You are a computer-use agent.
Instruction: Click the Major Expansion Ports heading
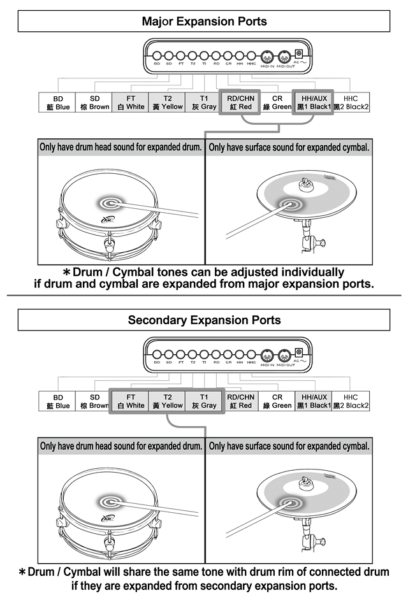tap(204, 22)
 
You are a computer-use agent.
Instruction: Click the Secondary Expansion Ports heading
tap(204, 319)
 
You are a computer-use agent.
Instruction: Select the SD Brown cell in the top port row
tap(94, 103)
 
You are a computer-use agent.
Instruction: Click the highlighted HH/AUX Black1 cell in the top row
tap(314, 103)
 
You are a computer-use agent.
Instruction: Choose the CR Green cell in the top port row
tap(277, 103)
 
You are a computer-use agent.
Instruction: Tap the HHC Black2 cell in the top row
tap(351, 103)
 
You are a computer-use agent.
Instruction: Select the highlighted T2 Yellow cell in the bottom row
tap(168, 401)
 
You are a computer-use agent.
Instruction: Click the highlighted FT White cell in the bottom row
tap(131, 401)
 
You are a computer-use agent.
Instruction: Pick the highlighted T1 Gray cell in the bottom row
tap(204, 401)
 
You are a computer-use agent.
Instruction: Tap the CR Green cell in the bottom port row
tap(277, 401)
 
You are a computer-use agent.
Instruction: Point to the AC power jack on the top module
tap(298, 55)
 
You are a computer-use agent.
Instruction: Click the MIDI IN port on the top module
tap(268, 55)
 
